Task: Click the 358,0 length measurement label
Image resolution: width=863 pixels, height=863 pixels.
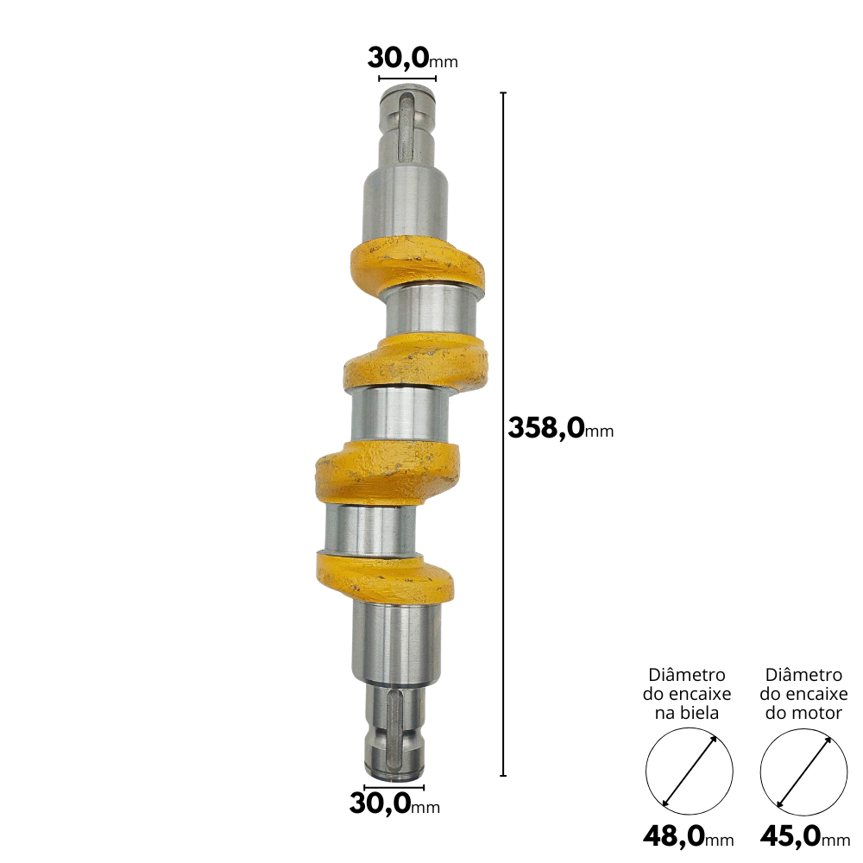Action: click(x=560, y=428)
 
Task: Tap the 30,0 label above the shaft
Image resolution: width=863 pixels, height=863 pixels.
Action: click(x=413, y=59)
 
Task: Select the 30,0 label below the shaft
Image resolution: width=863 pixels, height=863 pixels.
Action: click(x=394, y=804)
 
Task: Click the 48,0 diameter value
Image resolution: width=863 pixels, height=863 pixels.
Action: click(x=689, y=836)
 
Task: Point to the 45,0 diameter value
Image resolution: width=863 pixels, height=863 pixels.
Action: click(x=805, y=836)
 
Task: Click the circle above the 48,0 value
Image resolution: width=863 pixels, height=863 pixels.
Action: click(x=689, y=771)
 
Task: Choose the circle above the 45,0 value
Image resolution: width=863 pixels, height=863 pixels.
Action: click(x=803, y=771)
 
